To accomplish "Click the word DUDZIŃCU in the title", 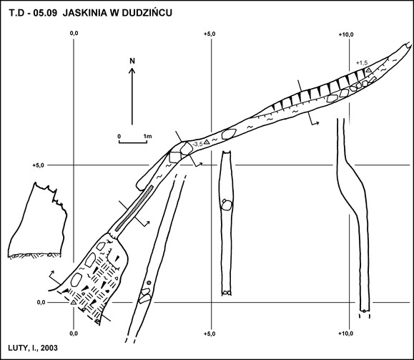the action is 147,13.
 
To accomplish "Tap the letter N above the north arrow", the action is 132,61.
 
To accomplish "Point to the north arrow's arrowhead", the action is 132,71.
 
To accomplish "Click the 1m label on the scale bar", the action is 148,137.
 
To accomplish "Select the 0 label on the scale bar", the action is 119,137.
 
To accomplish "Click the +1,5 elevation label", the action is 362,63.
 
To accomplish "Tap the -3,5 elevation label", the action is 198,144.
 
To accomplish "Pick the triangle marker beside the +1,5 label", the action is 368,70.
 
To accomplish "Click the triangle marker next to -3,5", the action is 207,142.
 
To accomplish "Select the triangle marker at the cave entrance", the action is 74,302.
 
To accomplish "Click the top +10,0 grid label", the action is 346,34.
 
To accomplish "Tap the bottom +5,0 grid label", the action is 210,334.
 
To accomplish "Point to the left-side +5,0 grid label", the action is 39,165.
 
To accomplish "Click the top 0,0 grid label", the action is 74,34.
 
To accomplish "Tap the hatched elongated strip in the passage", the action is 134,208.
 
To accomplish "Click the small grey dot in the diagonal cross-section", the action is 149,283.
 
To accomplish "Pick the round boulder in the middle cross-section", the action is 226,205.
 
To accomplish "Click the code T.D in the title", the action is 17,13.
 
